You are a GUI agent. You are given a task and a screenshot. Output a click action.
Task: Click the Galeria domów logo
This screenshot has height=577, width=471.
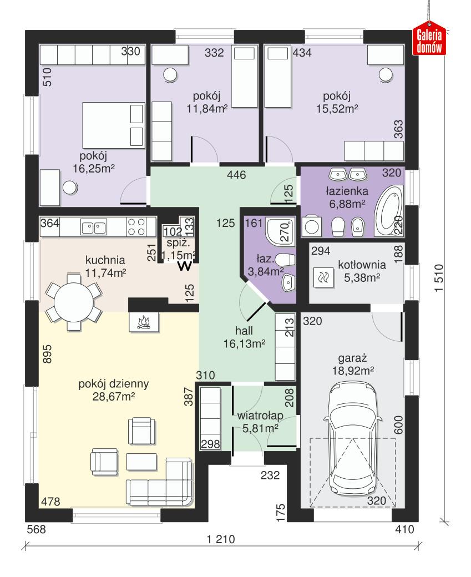[429, 41]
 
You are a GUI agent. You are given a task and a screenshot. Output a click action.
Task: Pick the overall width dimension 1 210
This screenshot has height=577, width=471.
[221, 539]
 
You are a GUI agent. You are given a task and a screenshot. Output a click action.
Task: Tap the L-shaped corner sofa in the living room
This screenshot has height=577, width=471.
[161, 483]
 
